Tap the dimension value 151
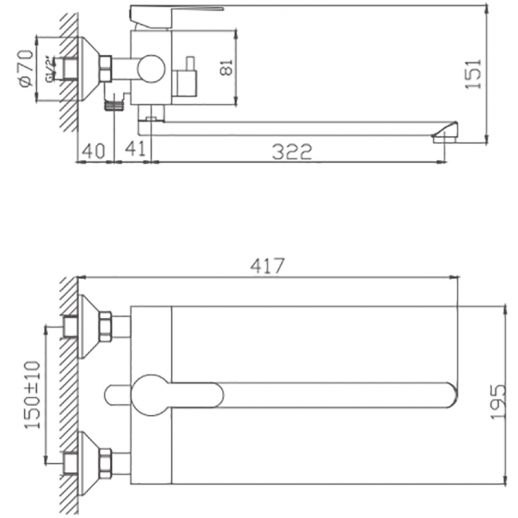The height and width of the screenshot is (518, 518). click(x=479, y=72)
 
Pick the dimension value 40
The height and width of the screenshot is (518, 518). click(x=95, y=151)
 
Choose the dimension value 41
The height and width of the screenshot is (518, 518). click(x=133, y=151)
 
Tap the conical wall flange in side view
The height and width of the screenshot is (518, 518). click(x=100, y=66)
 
